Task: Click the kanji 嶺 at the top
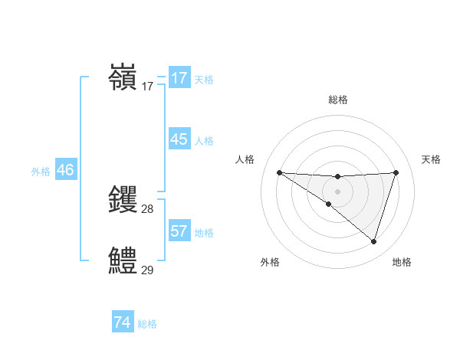(x=123, y=77)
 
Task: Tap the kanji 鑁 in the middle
(x=123, y=199)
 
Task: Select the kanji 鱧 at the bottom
(x=123, y=260)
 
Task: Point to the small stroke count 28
(x=147, y=209)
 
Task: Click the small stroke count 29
(x=147, y=270)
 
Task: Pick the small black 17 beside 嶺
(x=147, y=87)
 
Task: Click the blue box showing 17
(x=179, y=78)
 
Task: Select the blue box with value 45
(x=179, y=139)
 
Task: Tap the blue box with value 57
(x=179, y=231)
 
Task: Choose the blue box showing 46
(x=65, y=170)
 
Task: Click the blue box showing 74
(x=122, y=322)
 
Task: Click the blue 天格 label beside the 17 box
(x=204, y=80)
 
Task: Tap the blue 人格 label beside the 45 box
(x=204, y=141)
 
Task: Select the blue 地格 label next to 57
(x=204, y=232)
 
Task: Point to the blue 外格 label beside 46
(x=41, y=172)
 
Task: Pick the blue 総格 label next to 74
(x=147, y=324)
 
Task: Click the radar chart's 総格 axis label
(x=337, y=100)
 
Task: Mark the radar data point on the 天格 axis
(x=396, y=172)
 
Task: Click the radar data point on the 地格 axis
(x=373, y=241)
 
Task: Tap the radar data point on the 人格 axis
(x=279, y=172)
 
